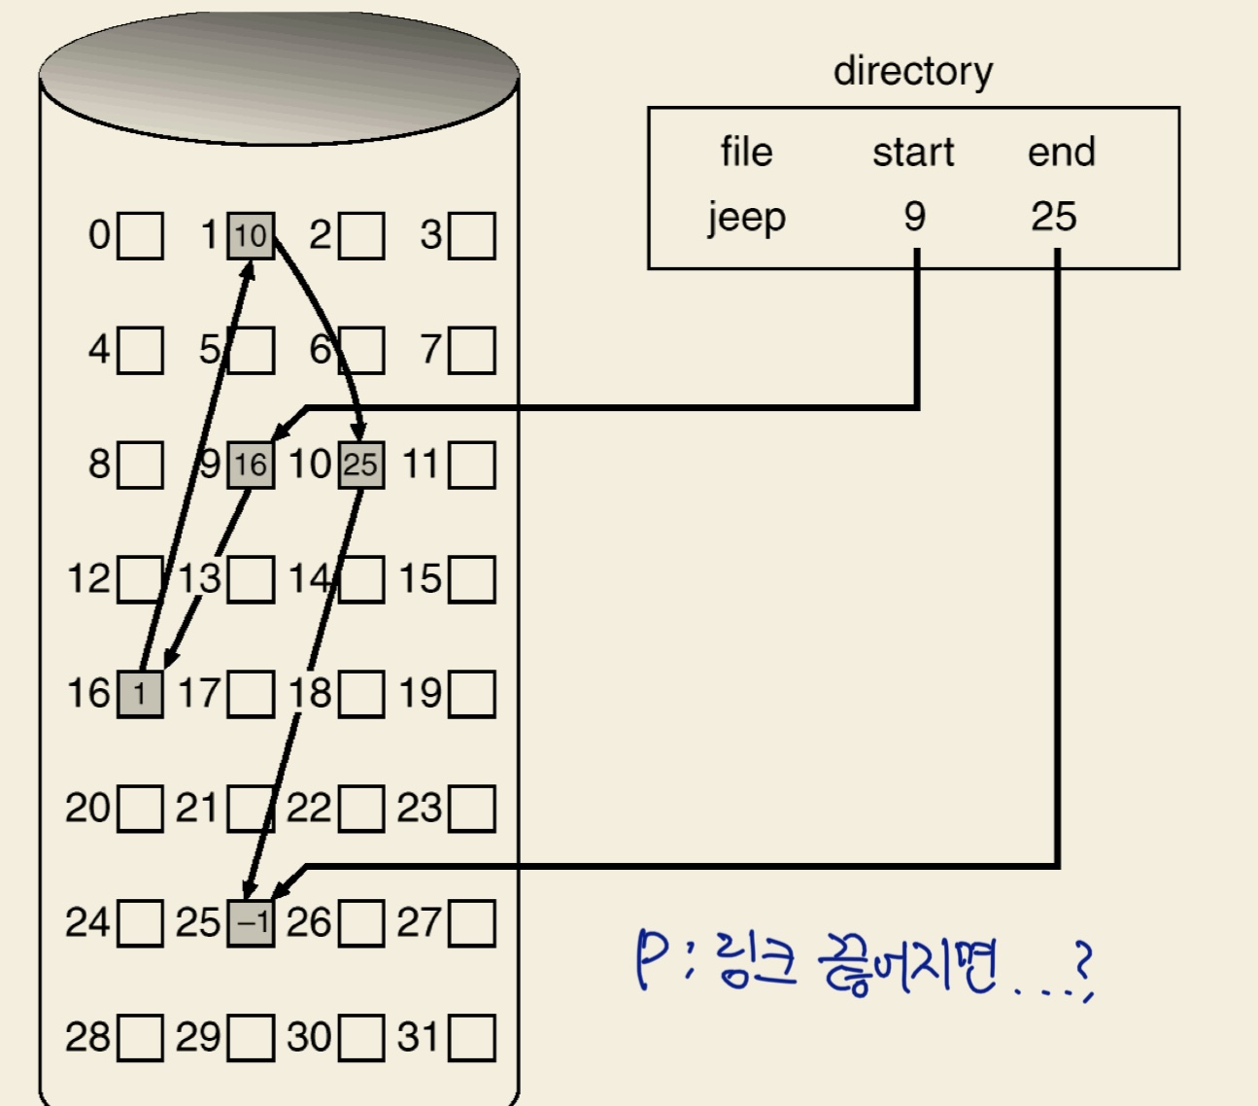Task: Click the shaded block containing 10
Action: click(251, 236)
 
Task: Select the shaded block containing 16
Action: click(251, 465)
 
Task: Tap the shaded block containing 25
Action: click(360, 465)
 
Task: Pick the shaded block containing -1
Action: click(251, 922)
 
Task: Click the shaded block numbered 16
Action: click(140, 694)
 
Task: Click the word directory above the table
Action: click(913, 72)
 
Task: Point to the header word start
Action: click(913, 153)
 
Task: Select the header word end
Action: click(1061, 153)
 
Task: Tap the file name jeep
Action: click(746, 218)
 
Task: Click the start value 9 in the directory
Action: click(914, 216)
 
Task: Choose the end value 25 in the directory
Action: click(1054, 216)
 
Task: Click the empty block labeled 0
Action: click(140, 236)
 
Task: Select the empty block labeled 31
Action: click(472, 1038)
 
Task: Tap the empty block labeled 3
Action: click(472, 236)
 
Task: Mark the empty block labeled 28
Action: click(140, 1038)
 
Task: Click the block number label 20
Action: click(87, 808)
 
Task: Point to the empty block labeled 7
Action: click(472, 351)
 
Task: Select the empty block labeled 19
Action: click(472, 694)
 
